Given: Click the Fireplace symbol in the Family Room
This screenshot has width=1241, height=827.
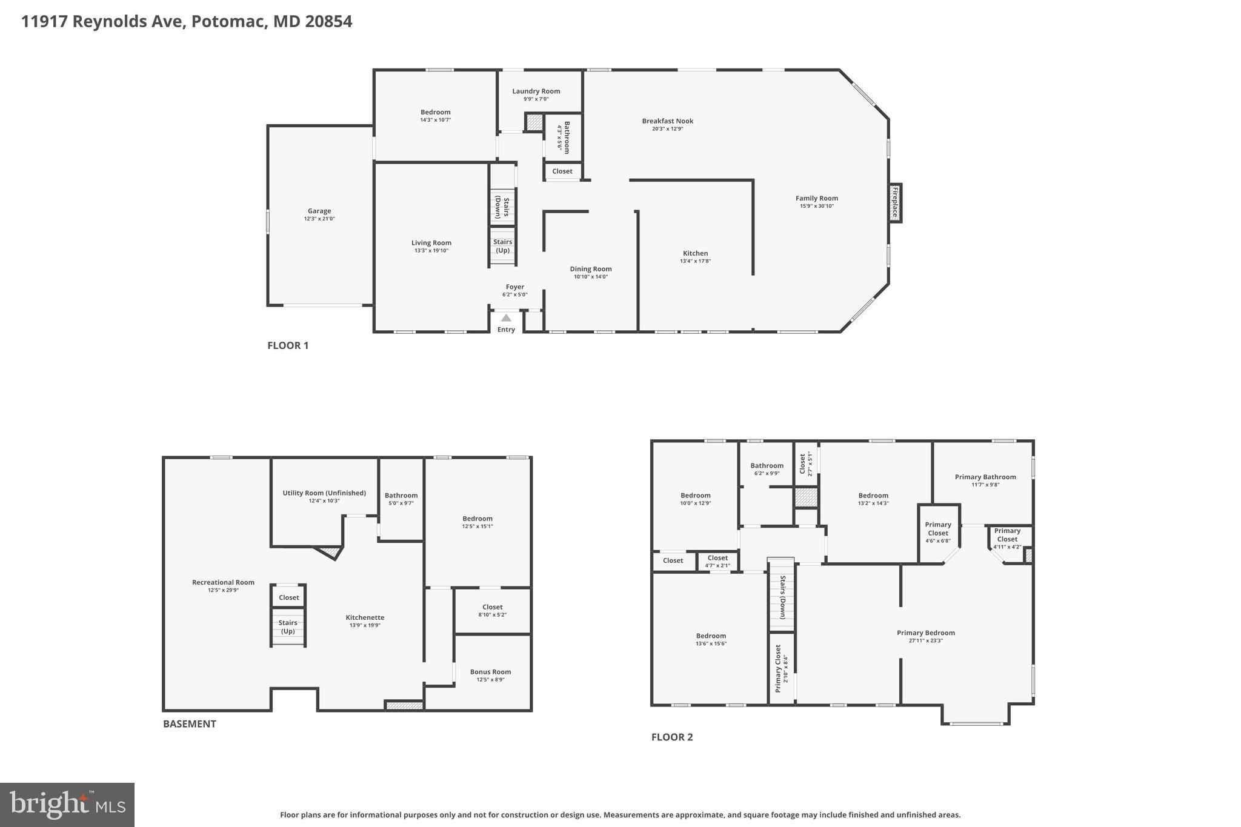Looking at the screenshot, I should [x=894, y=202].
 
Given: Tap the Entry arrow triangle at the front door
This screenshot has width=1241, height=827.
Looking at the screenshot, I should [x=506, y=318].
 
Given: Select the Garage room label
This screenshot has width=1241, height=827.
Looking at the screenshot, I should [x=319, y=211].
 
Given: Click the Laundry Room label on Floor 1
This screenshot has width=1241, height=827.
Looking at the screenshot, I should [x=536, y=91].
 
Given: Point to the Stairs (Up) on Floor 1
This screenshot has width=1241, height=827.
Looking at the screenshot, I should [x=503, y=246].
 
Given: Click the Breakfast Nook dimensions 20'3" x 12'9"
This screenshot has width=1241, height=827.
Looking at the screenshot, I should [x=667, y=129].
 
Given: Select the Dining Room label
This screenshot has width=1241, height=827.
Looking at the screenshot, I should [x=591, y=269].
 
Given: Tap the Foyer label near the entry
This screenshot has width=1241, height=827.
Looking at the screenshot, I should [x=514, y=287].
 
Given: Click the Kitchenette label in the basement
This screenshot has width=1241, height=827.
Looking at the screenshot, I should [x=365, y=617].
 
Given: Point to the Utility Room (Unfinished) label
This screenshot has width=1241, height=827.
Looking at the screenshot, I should [x=324, y=493].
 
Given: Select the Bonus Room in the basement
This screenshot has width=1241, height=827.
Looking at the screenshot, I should [x=490, y=671].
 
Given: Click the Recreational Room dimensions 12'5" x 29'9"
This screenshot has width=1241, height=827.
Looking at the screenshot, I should [x=223, y=590].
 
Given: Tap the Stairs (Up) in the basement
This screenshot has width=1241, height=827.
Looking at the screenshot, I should [x=288, y=627].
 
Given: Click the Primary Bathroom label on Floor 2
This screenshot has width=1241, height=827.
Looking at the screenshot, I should [x=985, y=477].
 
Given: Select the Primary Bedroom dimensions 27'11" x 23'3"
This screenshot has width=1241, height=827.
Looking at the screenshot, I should [x=925, y=641].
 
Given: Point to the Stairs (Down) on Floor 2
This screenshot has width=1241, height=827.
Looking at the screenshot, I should [x=782, y=597].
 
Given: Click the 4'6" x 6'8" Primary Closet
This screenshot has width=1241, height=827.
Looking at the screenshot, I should [x=937, y=533].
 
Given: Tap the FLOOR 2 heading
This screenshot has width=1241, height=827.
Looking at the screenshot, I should [x=671, y=737].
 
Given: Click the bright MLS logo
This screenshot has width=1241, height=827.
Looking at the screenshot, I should [x=67, y=805].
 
